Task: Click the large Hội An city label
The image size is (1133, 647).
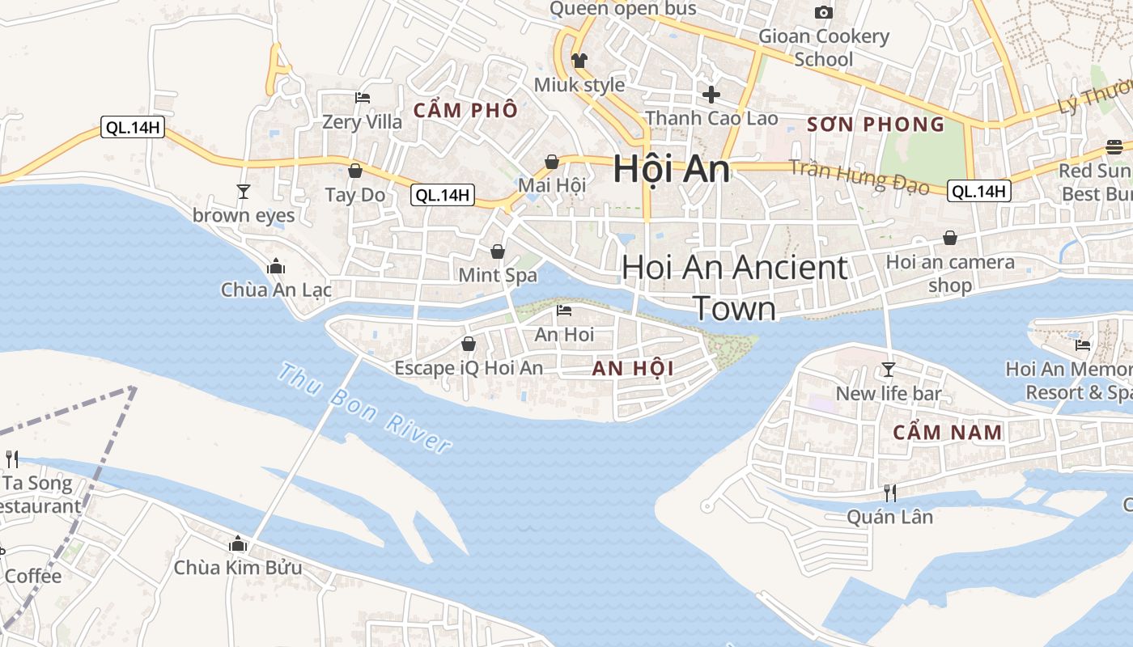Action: tap(671, 169)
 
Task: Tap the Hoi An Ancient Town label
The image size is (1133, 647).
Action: tap(735, 287)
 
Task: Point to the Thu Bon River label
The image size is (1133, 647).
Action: tap(364, 408)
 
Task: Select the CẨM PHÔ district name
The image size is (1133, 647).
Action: tap(465, 110)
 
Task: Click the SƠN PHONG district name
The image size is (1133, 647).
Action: tap(876, 124)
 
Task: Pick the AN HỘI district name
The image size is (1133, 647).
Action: tap(633, 369)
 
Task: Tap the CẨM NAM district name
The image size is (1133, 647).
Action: tap(948, 432)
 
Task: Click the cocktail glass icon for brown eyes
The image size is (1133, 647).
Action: tap(243, 192)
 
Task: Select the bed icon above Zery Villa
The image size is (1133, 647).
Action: tap(363, 98)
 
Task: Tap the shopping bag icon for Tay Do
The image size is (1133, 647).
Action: tap(354, 171)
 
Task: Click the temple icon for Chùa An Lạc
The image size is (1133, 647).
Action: tap(276, 266)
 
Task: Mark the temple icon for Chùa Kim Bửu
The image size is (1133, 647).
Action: tap(238, 543)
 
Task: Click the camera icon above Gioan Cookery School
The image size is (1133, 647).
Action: tap(824, 12)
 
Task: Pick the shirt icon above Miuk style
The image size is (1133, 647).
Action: tap(579, 61)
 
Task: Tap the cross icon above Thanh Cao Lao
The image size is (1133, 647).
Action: tap(711, 95)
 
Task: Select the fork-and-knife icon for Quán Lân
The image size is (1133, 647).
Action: tap(889, 493)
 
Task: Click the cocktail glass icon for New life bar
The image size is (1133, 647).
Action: tap(889, 370)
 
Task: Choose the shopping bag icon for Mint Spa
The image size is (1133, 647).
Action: tap(498, 252)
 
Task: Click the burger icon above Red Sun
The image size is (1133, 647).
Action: tap(1114, 147)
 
